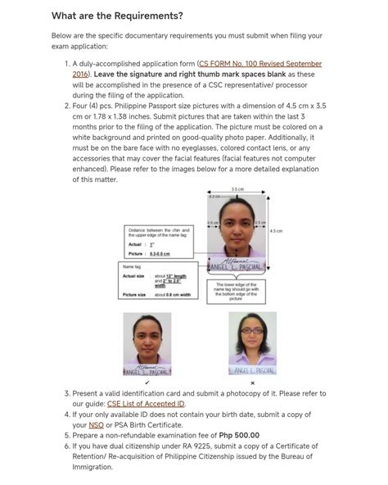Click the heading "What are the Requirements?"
coord(117,16)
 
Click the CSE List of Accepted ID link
coord(146,403)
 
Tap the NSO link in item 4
coord(96,424)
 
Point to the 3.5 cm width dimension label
coord(237,189)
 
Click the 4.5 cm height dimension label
coord(276,231)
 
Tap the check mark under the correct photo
coord(147,383)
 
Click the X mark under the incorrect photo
coord(252,383)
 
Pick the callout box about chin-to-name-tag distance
coord(159,242)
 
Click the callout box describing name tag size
coord(158,281)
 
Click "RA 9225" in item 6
coord(183,446)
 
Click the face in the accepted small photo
coord(147,336)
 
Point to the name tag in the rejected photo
coord(252,371)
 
